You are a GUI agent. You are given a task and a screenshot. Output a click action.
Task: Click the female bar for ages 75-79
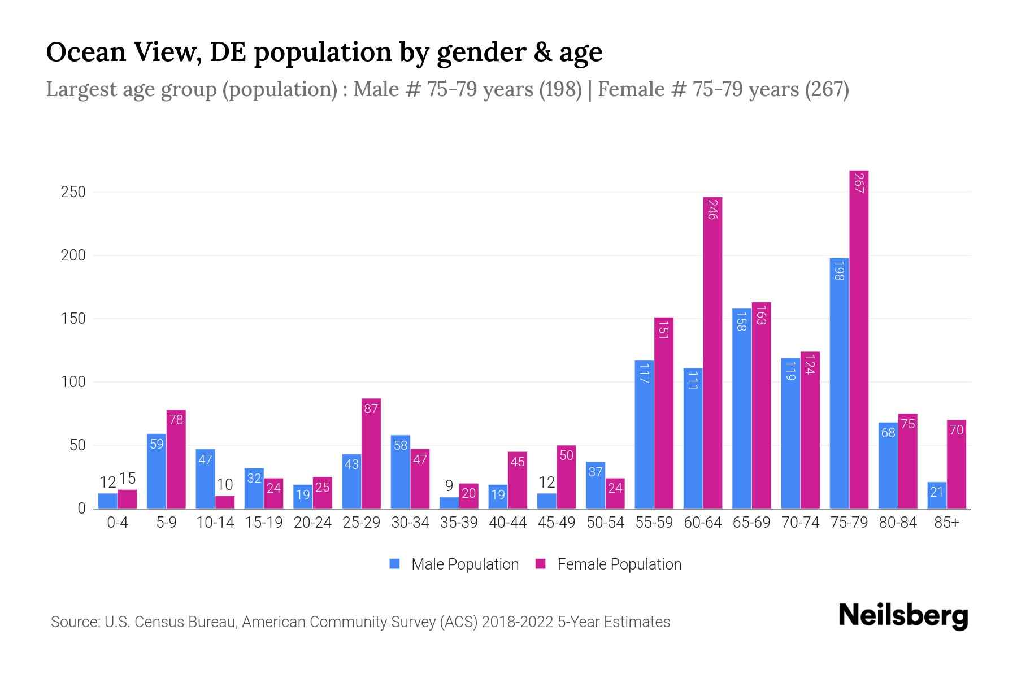858,339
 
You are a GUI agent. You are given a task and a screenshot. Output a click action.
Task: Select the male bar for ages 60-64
693,438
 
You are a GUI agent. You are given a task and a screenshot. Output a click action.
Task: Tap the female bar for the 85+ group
956,464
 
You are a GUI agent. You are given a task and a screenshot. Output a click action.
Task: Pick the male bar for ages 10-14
205,479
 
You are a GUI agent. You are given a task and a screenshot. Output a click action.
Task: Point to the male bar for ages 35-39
449,503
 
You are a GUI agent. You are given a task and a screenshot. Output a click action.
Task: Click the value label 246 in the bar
712,209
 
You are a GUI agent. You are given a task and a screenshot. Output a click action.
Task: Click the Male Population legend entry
454,564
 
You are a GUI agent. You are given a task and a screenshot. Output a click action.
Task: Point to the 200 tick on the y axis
73,255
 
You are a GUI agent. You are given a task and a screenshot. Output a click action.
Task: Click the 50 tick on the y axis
77,445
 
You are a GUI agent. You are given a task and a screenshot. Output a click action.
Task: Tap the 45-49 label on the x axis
556,523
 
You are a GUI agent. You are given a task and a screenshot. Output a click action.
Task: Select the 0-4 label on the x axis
118,523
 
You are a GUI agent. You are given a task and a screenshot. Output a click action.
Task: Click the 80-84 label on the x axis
898,523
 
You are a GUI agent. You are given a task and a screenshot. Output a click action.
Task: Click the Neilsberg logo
903,616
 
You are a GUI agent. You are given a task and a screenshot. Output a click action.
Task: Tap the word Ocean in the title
85,52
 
